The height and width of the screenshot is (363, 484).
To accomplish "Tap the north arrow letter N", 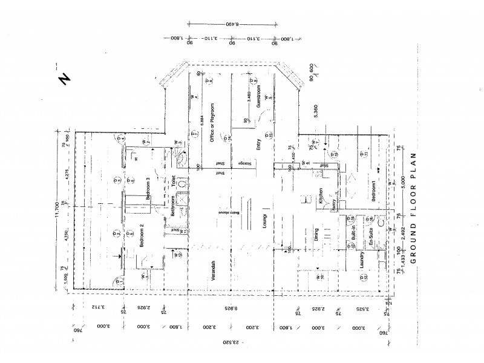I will point(62,80).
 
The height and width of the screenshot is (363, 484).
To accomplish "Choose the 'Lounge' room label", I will point(264,223).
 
